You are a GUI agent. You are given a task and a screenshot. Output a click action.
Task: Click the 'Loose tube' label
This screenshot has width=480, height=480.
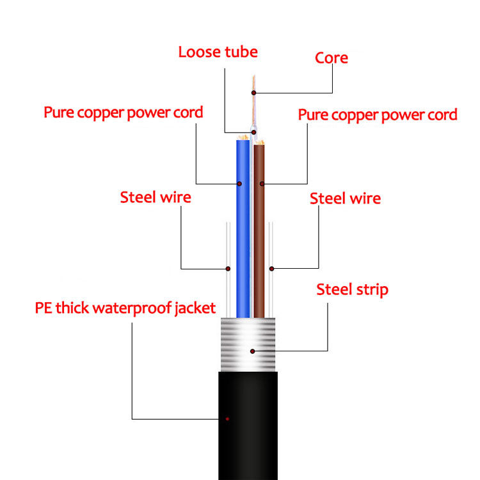pos(218,52)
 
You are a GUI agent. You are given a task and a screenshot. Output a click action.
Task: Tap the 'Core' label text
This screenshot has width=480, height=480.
pos(331,58)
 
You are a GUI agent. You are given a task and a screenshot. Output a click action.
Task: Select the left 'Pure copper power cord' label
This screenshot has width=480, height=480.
pos(123,113)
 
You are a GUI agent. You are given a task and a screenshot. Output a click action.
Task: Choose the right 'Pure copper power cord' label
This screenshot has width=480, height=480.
pos(378,115)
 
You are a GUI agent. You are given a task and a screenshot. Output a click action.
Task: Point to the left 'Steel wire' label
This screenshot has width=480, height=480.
pos(156,197)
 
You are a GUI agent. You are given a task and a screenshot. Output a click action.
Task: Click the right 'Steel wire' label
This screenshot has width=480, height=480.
pos(345,198)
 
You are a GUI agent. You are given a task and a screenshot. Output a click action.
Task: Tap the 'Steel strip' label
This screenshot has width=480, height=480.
pos(352,290)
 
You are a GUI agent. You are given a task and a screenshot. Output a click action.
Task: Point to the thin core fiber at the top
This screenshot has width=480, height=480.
pos(253,83)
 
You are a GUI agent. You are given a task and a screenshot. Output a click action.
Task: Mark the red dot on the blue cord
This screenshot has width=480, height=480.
pos(239,184)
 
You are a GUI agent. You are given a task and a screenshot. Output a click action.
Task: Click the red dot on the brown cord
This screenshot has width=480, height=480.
pos(262,184)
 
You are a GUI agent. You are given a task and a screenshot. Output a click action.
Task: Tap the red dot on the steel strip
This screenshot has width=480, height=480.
pos(253,351)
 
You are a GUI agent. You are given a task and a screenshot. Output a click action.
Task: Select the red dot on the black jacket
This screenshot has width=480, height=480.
pos(227,419)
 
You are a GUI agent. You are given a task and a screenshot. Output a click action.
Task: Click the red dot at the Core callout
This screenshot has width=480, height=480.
pos(253,93)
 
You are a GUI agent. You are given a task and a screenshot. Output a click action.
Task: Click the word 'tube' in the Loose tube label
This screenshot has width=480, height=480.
pos(240,52)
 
